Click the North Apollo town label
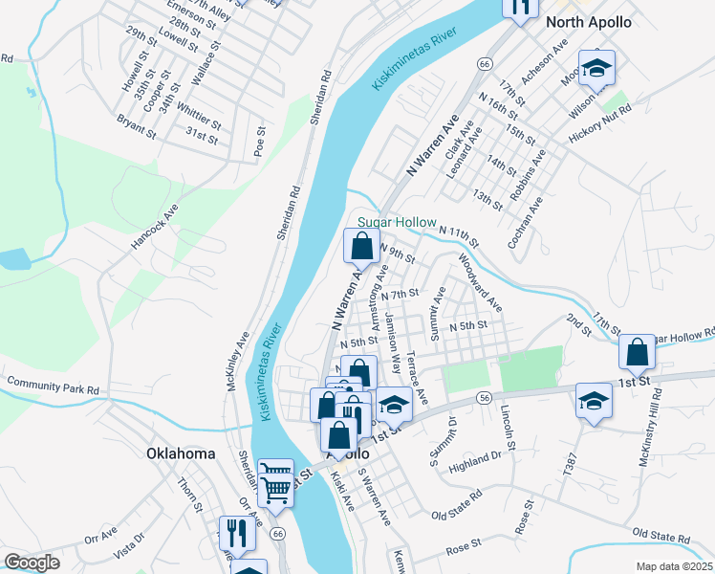coord(588,23)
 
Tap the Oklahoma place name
coord(181,453)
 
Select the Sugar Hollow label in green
coord(397,222)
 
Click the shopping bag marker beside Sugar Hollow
coord(361,249)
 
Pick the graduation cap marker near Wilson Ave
coord(596,69)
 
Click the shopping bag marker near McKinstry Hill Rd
coord(637,353)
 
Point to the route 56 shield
coord(486,397)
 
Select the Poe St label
coord(258,141)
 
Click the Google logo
coord(32,563)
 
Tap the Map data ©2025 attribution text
coord(674,566)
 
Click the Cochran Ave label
coord(525,224)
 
